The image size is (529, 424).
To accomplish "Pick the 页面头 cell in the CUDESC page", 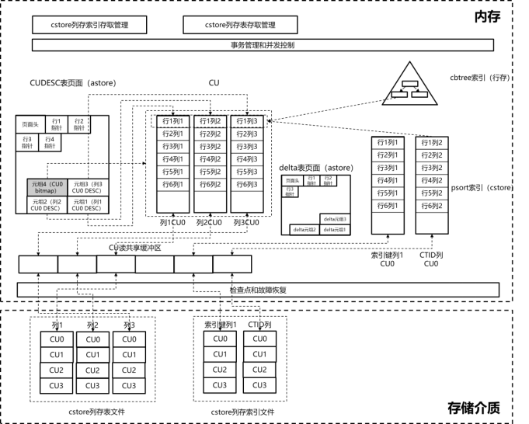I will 30,124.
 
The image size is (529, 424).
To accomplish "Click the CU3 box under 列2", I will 93,385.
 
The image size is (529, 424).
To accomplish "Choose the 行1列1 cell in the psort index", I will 388,143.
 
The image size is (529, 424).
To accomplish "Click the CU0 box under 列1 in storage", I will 57,339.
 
